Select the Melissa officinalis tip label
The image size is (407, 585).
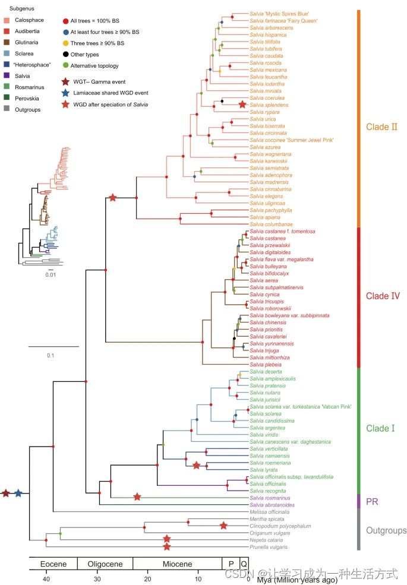[x=270, y=511]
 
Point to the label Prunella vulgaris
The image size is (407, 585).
[x=268, y=547]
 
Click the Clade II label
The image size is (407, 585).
[x=381, y=127]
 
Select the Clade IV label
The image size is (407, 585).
[x=382, y=296]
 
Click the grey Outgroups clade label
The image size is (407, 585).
[x=386, y=530]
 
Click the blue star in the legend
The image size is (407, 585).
[x=65, y=93]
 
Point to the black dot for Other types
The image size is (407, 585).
[x=65, y=53]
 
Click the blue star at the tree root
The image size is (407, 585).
[x=18, y=494]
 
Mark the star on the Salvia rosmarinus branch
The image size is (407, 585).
[x=138, y=497]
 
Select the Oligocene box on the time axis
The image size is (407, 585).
[x=105, y=563]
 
